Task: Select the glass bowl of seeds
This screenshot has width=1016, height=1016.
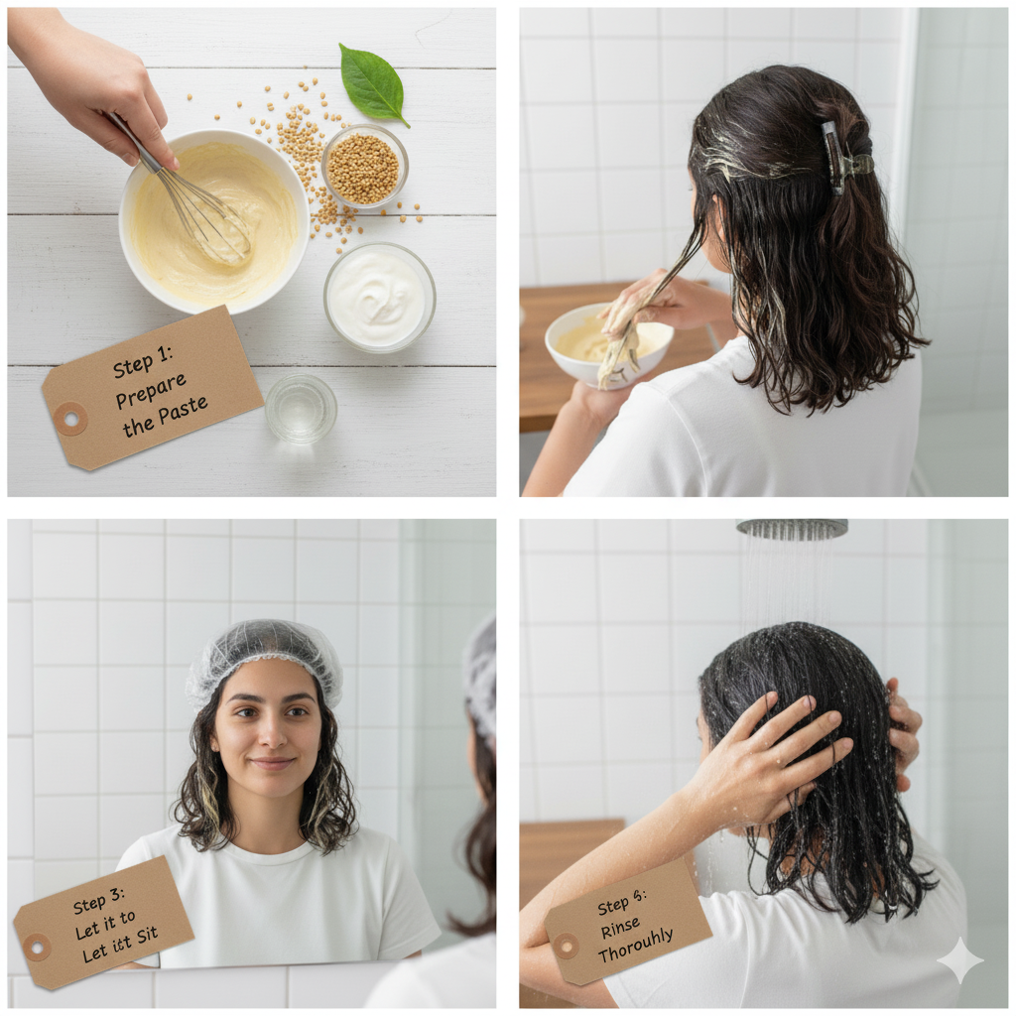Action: [x=364, y=168]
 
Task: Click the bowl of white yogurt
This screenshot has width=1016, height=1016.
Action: [x=378, y=297]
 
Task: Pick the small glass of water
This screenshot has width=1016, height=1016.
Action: [x=301, y=407]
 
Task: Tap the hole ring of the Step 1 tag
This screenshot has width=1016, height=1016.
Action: [x=70, y=418]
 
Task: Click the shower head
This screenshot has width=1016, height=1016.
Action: [x=792, y=529]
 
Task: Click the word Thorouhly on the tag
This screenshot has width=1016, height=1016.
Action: [x=635, y=948]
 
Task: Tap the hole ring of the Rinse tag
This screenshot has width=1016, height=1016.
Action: [x=567, y=946]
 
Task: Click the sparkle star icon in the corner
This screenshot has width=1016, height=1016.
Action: [x=959, y=959]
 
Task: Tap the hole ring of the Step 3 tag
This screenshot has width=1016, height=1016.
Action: [x=37, y=947]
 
